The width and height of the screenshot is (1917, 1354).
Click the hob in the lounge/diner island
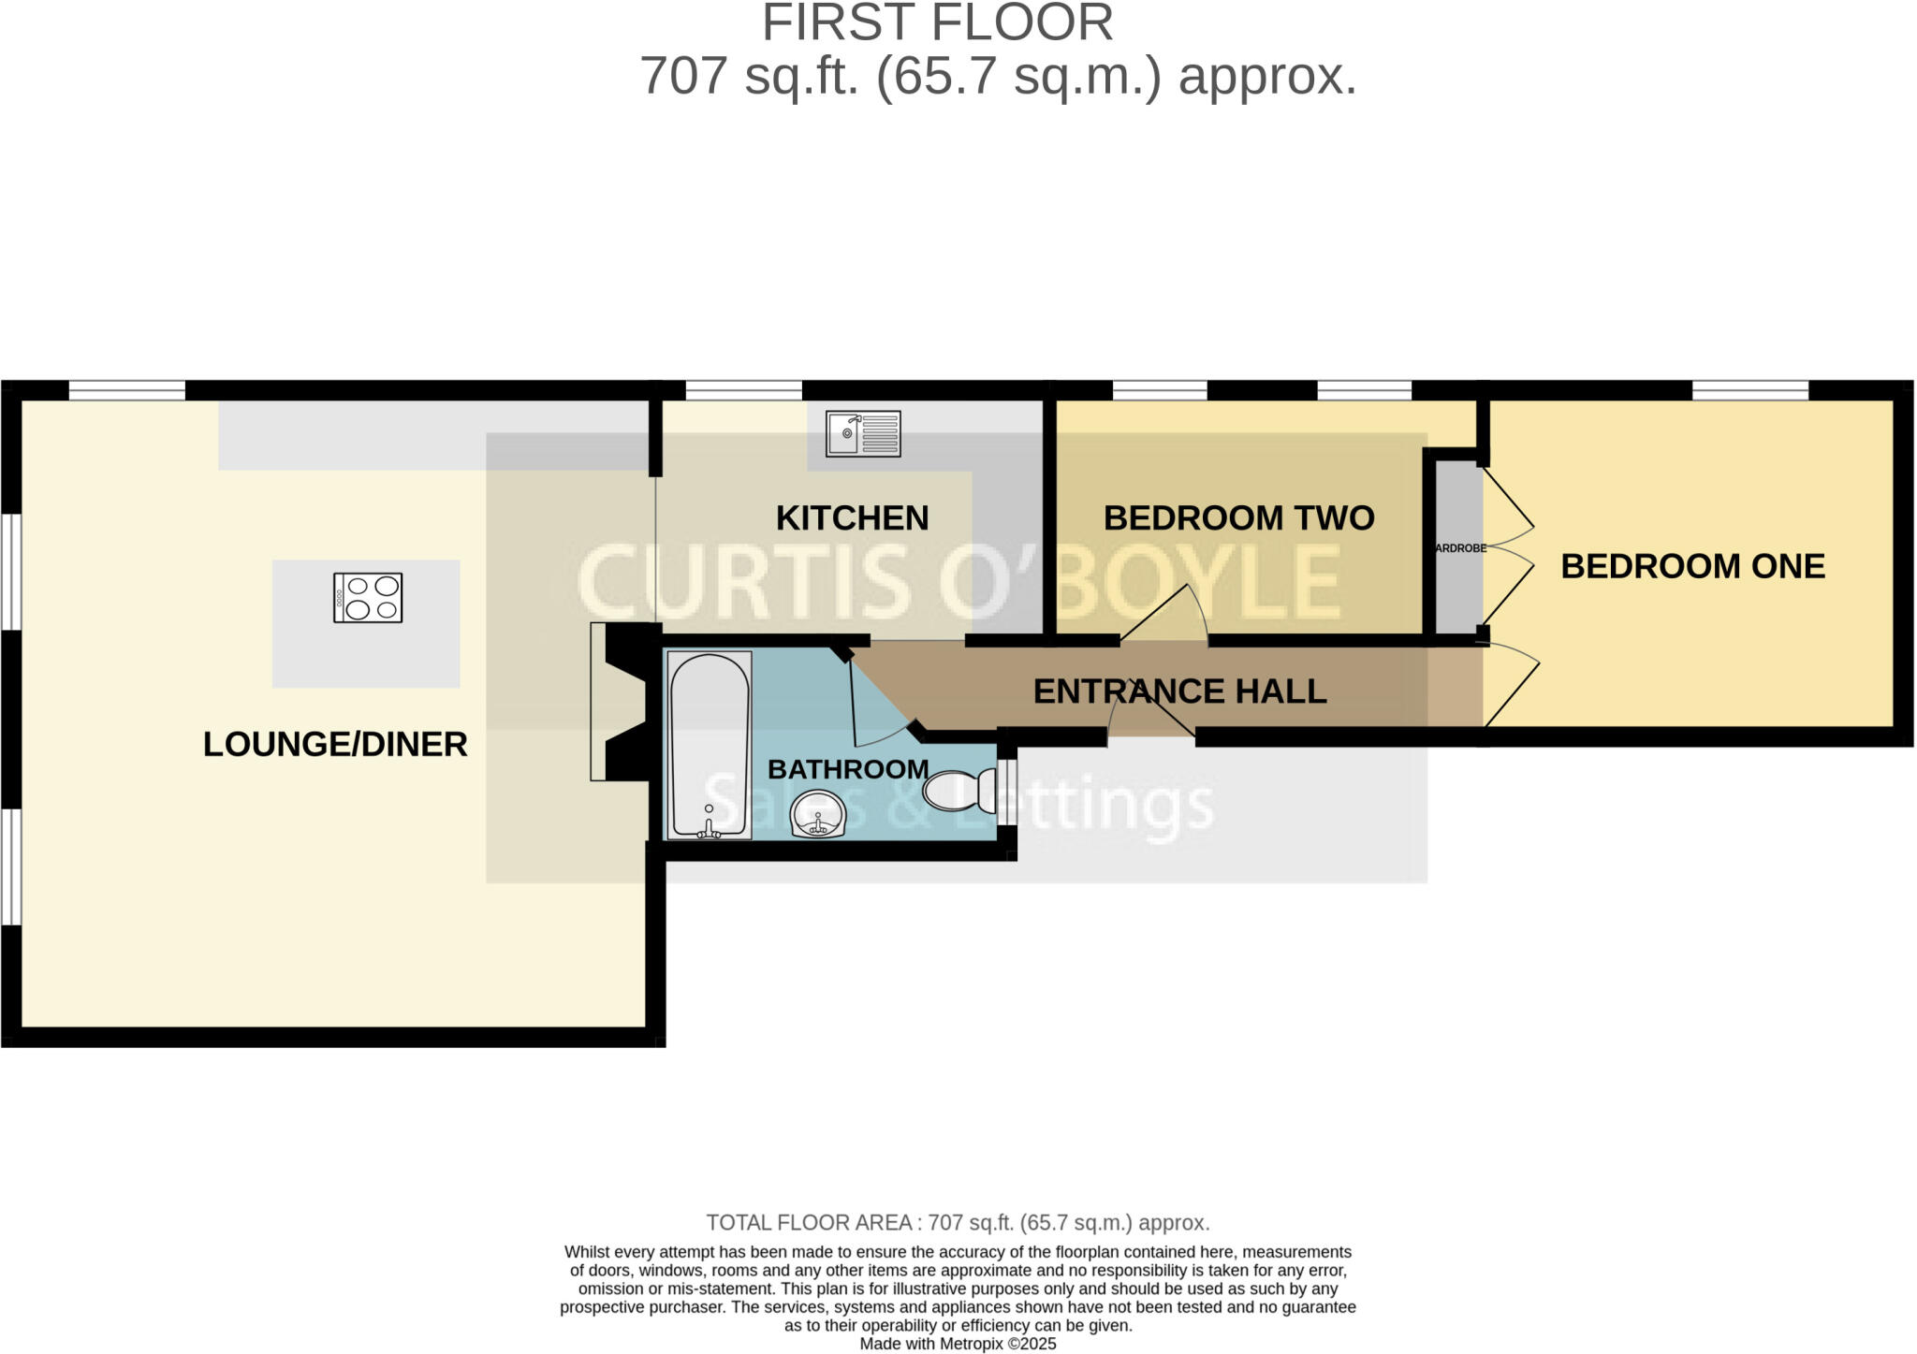point(368,598)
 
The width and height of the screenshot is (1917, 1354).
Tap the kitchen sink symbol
point(863,434)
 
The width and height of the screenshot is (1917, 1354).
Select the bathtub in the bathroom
point(710,745)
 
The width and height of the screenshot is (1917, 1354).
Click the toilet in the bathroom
point(960,791)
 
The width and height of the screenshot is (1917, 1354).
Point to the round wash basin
point(818,814)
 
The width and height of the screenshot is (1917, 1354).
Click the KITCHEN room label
point(852,517)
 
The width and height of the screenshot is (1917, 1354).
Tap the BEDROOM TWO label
point(1238,517)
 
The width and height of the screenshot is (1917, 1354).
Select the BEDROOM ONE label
point(1692,566)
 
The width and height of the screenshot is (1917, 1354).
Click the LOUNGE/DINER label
point(335,744)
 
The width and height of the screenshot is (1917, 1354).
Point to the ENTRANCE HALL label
point(1179,692)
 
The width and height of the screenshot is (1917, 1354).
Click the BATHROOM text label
point(848,769)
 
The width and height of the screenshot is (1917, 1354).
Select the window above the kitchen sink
point(744,390)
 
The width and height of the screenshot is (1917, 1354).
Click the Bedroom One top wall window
point(1749,390)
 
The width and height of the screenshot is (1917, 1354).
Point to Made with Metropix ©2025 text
point(958,1344)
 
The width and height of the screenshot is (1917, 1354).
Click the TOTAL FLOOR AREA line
point(958,1222)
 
